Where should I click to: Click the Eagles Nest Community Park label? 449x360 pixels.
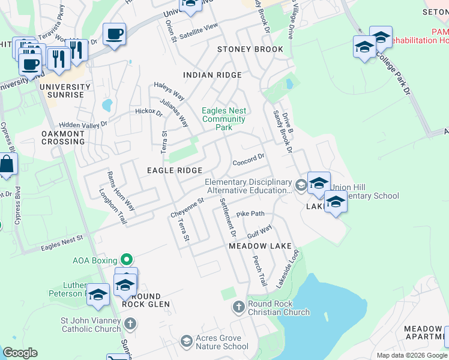pyautogui.click(x=224, y=119)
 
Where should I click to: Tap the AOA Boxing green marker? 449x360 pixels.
pyautogui.click(x=126, y=260)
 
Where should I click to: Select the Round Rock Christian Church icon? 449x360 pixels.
pyautogui.click(x=239, y=307)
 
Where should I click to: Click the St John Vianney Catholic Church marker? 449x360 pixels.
pyautogui.click(x=130, y=324)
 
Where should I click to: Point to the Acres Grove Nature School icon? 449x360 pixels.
pyautogui.click(x=187, y=341)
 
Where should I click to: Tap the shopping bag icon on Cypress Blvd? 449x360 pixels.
pyautogui.click(x=7, y=164)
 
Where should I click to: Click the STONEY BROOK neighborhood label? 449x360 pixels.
pyautogui.click(x=250, y=49)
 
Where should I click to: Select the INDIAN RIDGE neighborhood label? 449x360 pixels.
pyautogui.click(x=212, y=75)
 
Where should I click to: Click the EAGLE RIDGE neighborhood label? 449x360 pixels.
pyautogui.click(x=174, y=170)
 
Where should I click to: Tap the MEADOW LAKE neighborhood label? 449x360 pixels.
pyautogui.click(x=260, y=247)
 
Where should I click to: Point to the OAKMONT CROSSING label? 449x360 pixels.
pyautogui.click(x=63, y=137)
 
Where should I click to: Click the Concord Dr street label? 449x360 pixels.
pyautogui.click(x=249, y=160)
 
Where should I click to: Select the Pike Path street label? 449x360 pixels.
pyautogui.click(x=250, y=214)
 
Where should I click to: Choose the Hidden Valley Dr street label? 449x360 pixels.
pyautogui.click(x=83, y=123)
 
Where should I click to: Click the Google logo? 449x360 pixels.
pyautogui.click(x=20, y=353)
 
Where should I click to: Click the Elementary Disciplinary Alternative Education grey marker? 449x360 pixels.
pyautogui.click(x=300, y=184)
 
